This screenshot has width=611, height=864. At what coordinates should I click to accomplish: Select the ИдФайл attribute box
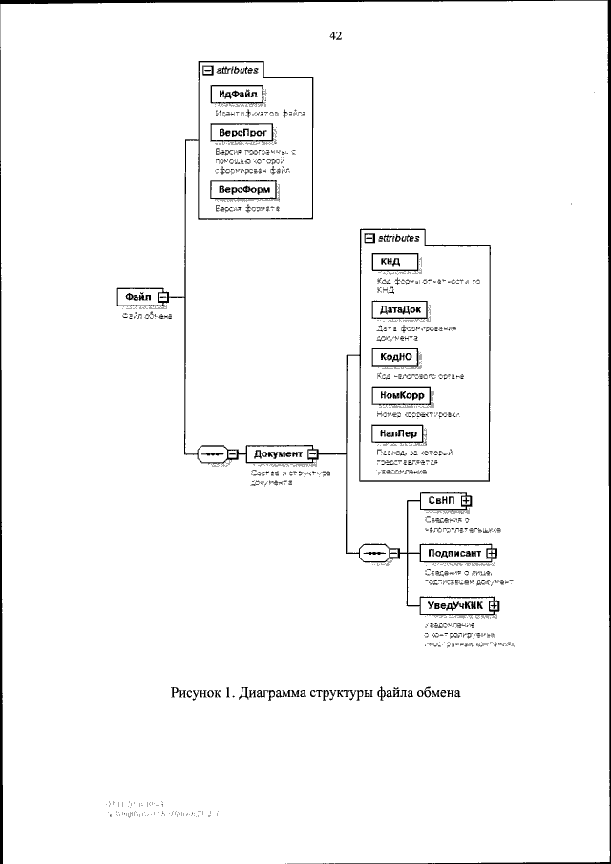236,94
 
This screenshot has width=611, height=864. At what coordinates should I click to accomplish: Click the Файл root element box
137,297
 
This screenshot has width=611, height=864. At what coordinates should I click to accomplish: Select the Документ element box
278,453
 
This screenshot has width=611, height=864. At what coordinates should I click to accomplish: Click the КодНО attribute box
395,357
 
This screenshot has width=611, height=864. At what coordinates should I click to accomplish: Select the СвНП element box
440,500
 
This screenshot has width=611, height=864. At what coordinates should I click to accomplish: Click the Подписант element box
453,553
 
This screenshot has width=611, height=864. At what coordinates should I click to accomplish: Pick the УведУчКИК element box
454,604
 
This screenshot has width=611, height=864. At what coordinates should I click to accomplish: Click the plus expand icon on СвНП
467,500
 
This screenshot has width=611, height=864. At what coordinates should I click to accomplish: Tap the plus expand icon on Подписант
492,553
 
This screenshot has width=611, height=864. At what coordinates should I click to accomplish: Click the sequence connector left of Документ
214,453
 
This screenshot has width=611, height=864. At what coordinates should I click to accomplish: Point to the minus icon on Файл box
162,297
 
